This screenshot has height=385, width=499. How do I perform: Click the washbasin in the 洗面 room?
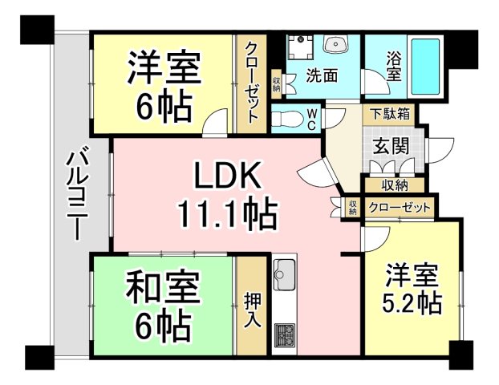pos(335,45)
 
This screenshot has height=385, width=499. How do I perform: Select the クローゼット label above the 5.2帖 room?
pos(399,208)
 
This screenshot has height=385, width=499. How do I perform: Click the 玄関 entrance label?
pos(391,147)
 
